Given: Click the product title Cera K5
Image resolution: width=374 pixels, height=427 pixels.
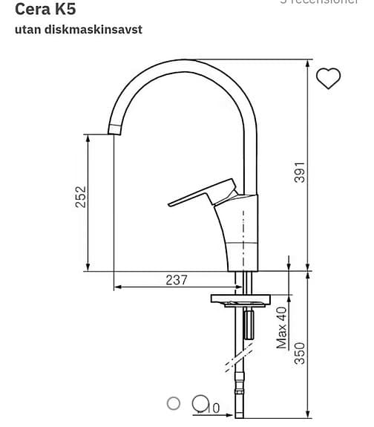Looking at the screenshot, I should pyautogui.click(x=45, y=10).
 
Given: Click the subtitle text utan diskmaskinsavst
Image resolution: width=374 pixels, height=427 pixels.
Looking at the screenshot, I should pyautogui.click(x=78, y=30).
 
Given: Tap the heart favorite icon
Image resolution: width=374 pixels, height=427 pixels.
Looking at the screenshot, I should pyautogui.click(x=328, y=77).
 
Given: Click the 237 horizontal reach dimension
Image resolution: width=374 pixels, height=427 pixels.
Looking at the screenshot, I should pyautogui.click(x=176, y=280).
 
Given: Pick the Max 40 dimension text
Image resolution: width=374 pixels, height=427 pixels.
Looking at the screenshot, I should pyautogui.click(x=282, y=327).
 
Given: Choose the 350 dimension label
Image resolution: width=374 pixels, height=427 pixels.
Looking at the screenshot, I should pyautogui.click(x=299, y=352).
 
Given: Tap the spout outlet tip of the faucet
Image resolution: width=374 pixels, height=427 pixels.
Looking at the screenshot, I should pyautogui.click(x=114, y=131).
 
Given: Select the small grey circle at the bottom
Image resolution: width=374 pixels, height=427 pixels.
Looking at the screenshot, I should pyautogui.click(x=174, y=403).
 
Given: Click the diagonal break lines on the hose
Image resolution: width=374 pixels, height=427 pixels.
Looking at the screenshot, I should pyautogui.click(x=236, y=363).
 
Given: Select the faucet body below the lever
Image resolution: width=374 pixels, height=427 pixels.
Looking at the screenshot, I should pyautogui.click(x=241, y=238).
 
